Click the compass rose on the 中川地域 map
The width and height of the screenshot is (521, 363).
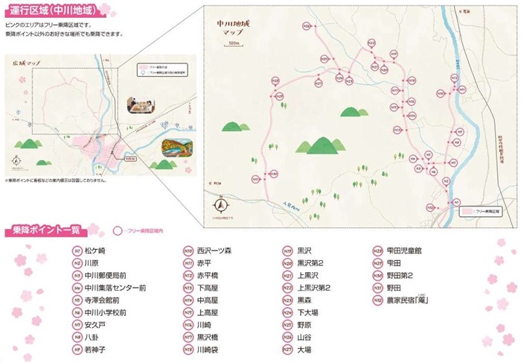pyautogui.click(x=220, y=204)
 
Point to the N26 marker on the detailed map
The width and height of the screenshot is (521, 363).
pyautogui.click(x=307, y=27)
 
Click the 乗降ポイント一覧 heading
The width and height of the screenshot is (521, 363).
pyautogui.click(x=44, y=229)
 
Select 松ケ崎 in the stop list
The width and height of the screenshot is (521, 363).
pyautogui.click(x=95, y=251)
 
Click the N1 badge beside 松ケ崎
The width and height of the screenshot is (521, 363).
pyautogui.click(x=77, y=251)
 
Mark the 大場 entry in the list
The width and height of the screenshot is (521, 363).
pyautogui.click(x=304, y=350)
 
